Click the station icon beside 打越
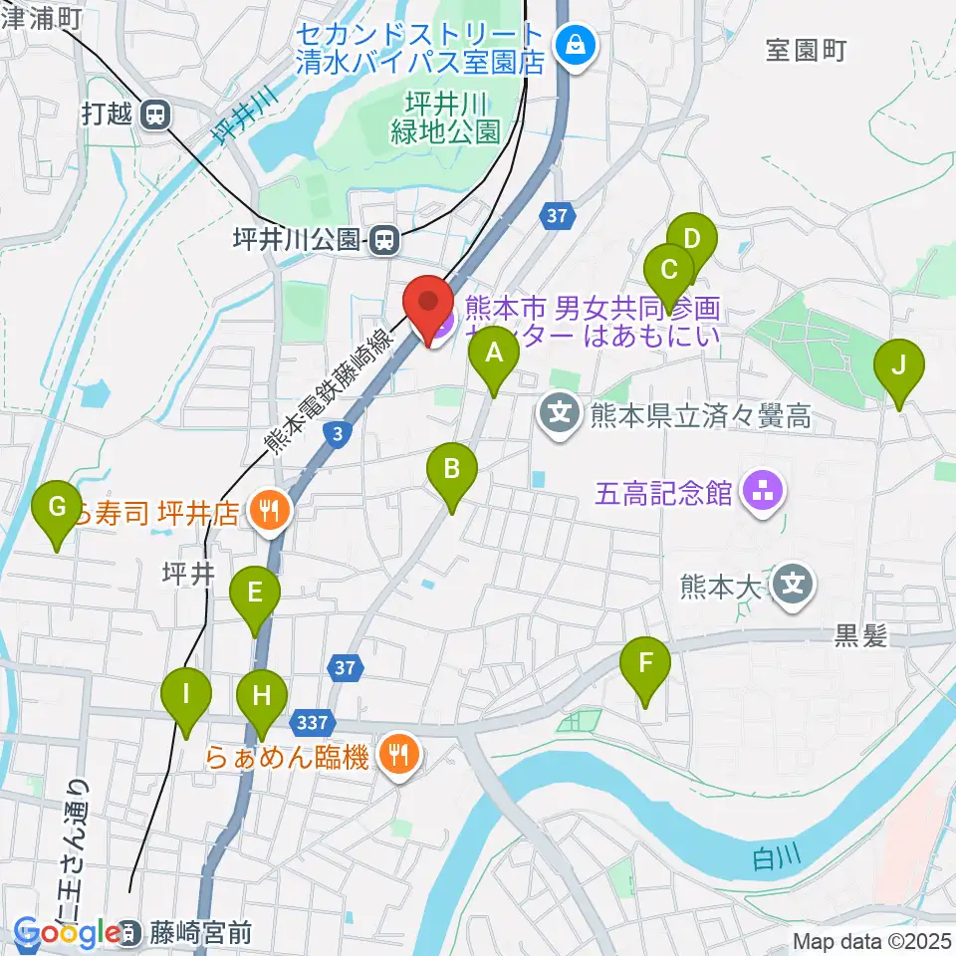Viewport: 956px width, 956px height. click(154, 117)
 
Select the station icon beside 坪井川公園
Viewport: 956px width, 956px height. click(383, 238)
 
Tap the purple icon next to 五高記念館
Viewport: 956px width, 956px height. click(763, 491)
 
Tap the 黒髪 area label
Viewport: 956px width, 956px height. click(860, 638)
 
